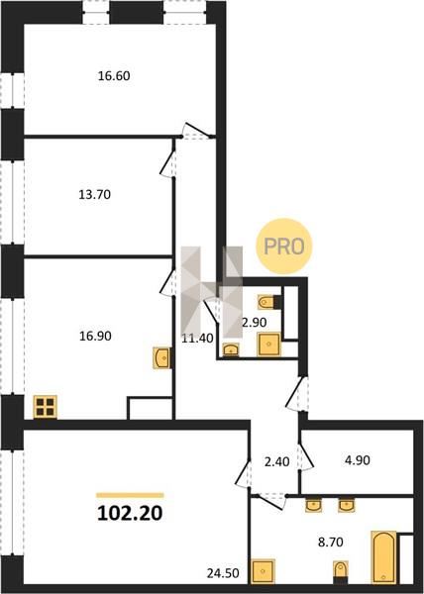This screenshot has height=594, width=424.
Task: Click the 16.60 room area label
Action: click(x=114, y=76)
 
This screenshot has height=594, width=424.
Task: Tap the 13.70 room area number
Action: click(x=95, y=195)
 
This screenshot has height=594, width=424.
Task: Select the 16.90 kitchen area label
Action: click(x=95, y=336)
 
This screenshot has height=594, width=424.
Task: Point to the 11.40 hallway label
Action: click(x=197, y=338)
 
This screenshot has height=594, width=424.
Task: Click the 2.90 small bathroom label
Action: click(x=255, y=323)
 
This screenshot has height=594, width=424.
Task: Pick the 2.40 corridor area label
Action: click(x=276, y=461)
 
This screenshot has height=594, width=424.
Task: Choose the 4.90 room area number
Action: click(x=358, y=460)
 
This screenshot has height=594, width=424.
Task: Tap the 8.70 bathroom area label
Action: click(x=331, y=543)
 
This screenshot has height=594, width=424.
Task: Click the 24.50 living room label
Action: click(x=223, y=573)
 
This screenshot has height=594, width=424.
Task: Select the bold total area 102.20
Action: click(x=130, y=513)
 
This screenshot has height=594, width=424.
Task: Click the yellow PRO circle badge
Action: click(x=284, y=247)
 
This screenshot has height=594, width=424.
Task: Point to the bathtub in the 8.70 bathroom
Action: click(x=383, y=557)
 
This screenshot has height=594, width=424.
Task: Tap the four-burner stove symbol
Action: click(x=46, y=407)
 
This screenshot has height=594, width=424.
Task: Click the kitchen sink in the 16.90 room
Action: click(x=161, y=357)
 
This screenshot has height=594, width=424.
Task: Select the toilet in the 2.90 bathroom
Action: click(x=269, y=302)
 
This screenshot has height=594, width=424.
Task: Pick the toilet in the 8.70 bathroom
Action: click(x=341, y=572)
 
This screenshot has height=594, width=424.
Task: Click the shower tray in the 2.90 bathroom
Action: click(x=269, y=344)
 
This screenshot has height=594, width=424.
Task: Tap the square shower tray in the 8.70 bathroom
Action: click(x=263, y=571)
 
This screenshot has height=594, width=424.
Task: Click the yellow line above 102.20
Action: click(x=130, y=495)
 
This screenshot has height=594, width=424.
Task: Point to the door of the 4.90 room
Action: click(x=306, y=457)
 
